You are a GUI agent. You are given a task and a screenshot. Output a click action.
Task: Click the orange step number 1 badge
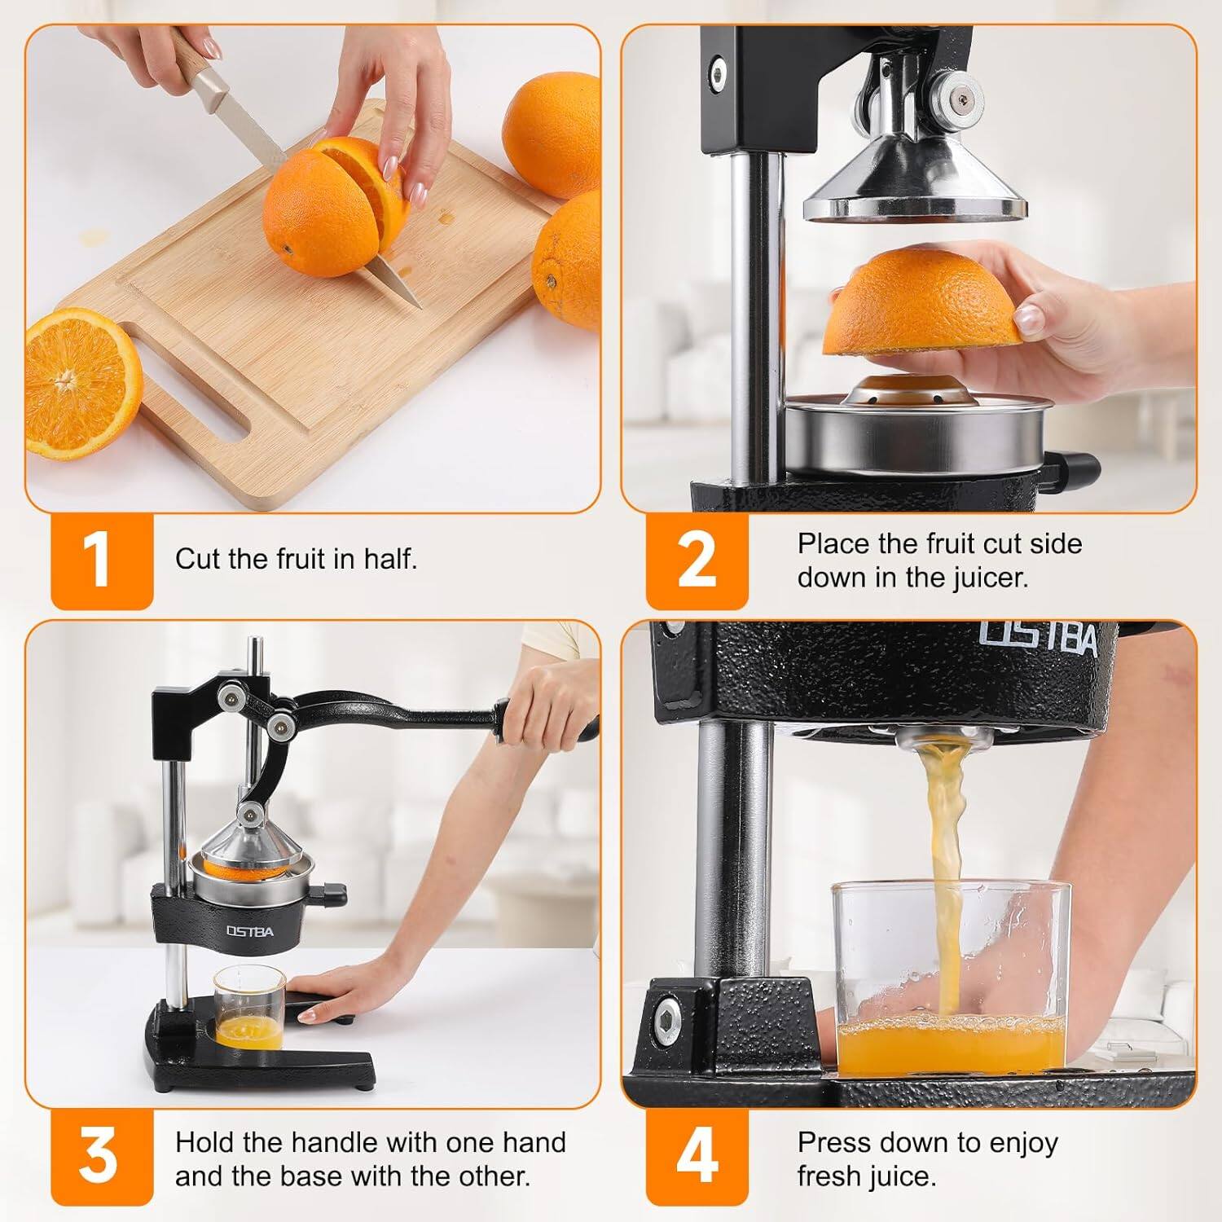click(x=101, y=560)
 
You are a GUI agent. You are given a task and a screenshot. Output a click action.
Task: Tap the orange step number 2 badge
click(x=697, y=560)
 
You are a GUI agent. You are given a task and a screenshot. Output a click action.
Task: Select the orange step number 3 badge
click(x=101, y=1157)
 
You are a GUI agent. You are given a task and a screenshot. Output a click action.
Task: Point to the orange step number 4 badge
click(x=697, y=1157)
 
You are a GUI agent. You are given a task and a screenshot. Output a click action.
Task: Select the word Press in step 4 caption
click(x=831, y=1142)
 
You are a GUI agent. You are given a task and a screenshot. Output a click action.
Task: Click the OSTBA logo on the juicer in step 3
click(x=250, y=931)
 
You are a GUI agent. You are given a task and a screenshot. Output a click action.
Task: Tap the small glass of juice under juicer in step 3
click(x=249, y=1008)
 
